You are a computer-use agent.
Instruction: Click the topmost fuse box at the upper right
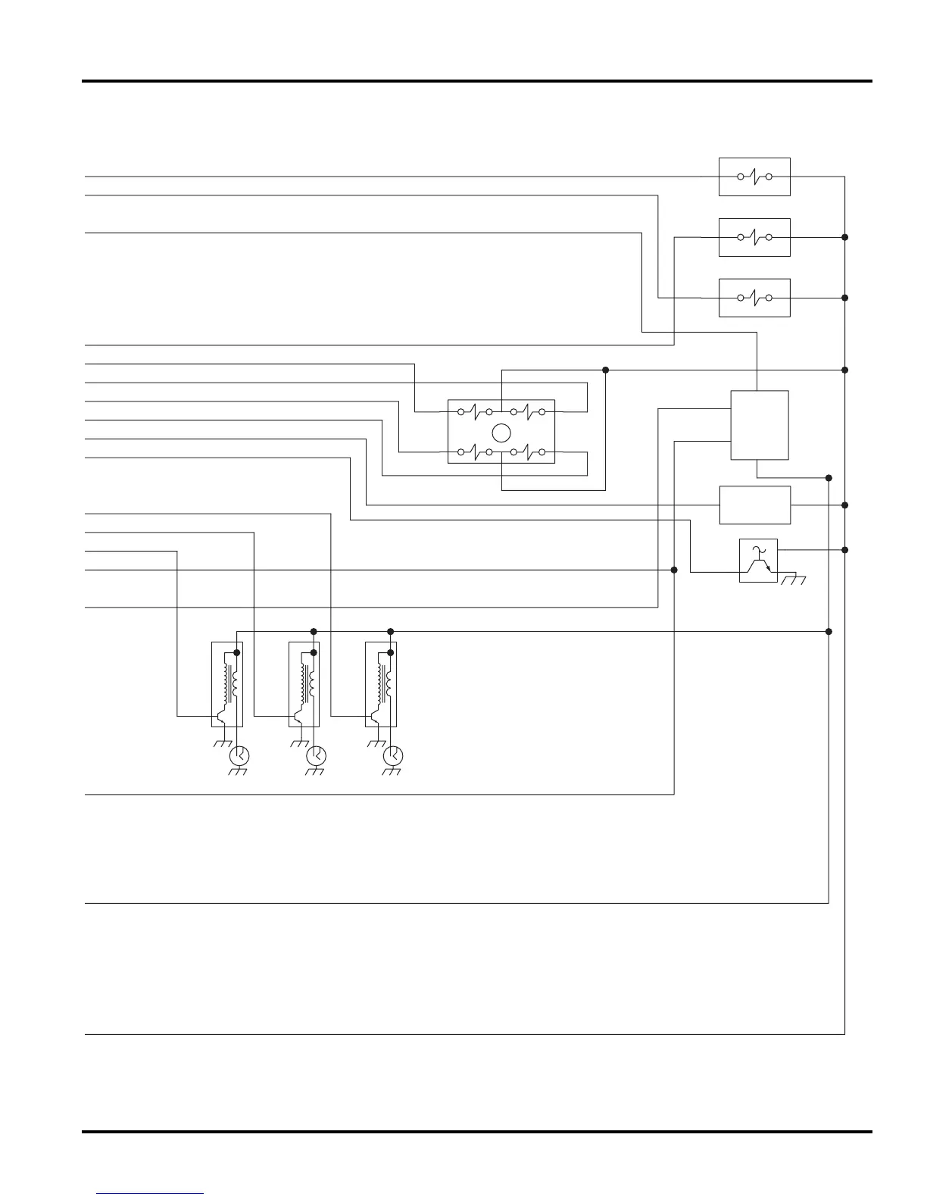tap(754, 177)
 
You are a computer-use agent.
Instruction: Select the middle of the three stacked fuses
tap(754, 237)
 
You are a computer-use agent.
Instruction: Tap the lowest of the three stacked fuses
tap(754, 298)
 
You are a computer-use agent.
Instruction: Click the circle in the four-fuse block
tap(501, 433)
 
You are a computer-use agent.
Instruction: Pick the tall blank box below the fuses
tap(759, 425)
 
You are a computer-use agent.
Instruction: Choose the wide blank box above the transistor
tap(754, 505)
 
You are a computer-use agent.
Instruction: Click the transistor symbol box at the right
tap(758, 561)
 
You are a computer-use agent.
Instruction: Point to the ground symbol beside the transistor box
tap(794, 580)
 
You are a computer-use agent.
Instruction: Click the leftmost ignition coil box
tap(226, 684)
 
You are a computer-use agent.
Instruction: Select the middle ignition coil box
tap(304, 684)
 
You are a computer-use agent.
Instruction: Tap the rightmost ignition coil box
tap(381, 684)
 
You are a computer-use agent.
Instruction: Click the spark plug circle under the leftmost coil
tap(239, 755)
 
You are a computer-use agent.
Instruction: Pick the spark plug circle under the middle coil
tap(316, 755)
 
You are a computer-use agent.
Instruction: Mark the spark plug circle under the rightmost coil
tap(393, 755)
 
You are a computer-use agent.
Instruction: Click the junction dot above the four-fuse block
tap(605, 370)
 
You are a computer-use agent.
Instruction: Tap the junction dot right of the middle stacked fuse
tap(844, 237)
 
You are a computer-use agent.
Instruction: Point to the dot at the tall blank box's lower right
tap(829, 478)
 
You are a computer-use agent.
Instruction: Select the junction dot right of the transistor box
tap(844, 550)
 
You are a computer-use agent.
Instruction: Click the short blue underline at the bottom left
tap(150, 1194)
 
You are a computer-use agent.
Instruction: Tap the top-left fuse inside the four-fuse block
tap(475, 412)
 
